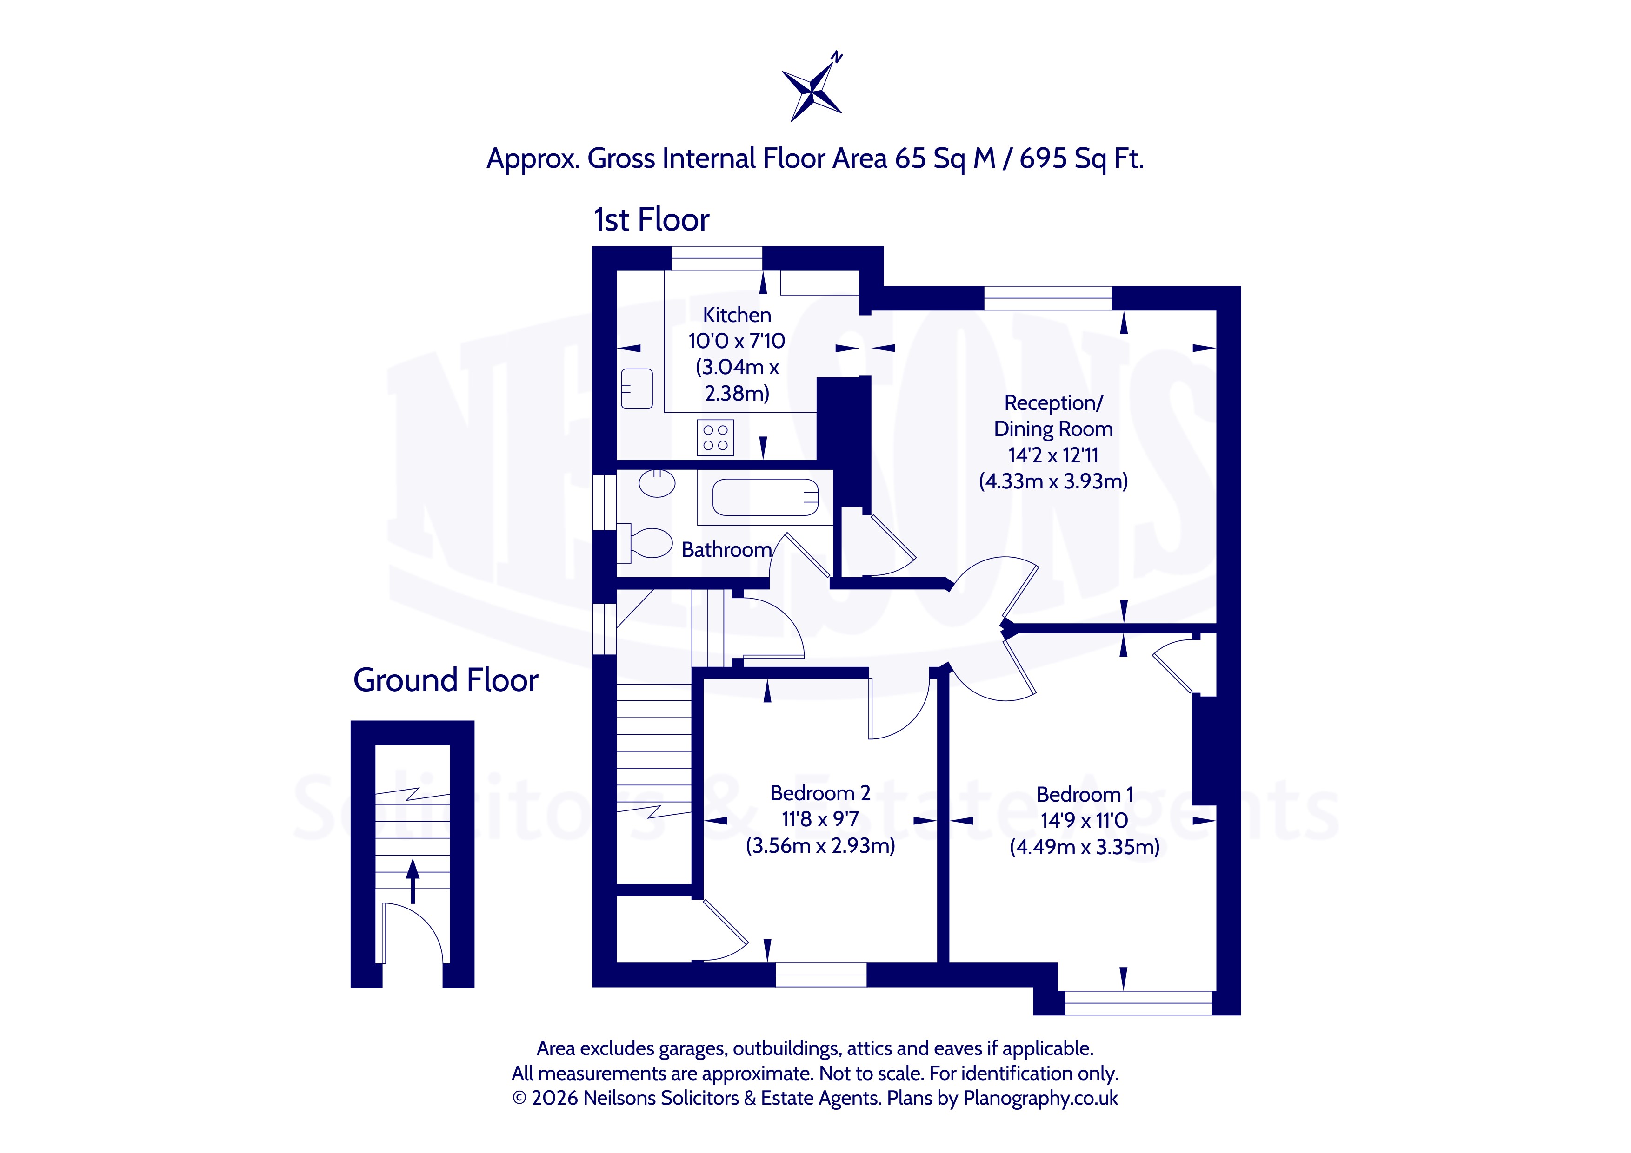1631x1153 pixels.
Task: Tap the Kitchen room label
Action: point(737,315)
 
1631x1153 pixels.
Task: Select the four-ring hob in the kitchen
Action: point(715,437)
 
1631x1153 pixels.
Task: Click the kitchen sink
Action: point(637,389)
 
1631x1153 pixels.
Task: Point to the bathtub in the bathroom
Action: point(765,497)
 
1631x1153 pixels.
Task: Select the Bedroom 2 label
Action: point(820,793)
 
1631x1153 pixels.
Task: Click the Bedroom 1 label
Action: point(1085,795)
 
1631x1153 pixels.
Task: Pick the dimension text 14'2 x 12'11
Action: point(1053,455)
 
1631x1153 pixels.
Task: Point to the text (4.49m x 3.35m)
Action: point(1085,847)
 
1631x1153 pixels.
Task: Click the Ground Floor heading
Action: point(446,680)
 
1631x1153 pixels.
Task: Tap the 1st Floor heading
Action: point(652,220)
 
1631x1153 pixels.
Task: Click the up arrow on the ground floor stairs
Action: point(412,880)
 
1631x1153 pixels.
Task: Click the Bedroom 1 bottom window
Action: point(1138,1002)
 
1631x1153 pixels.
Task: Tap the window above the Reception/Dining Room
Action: point(1048,298)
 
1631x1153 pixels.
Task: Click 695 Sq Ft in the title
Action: point(1082,158)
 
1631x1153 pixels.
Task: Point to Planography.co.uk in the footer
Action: point(1041,1098)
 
